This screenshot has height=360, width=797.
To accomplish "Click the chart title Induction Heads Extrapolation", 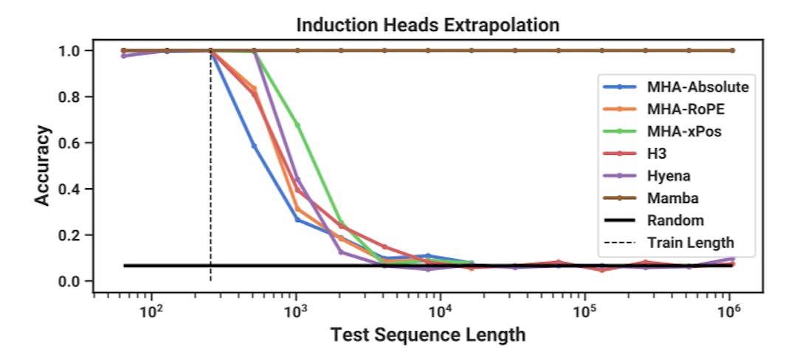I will (x=427, y=24).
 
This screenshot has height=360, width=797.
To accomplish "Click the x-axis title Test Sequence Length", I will (x=427, y=335).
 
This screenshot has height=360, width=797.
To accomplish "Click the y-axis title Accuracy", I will (x=43, y=165).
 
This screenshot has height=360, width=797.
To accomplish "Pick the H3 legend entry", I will (x=657, y=153).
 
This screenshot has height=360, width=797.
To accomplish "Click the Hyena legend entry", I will (x=669, y=176).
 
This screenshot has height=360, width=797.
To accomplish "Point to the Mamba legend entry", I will (x=672, y=198).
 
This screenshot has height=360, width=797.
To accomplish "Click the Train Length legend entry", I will (x=690, y=242).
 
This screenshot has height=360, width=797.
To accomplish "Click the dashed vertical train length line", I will (x=211, y=184).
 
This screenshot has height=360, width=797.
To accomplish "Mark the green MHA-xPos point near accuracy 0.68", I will (x=297, y=125).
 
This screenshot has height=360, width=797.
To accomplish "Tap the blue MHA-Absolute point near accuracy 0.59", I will (x=254, y=146).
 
